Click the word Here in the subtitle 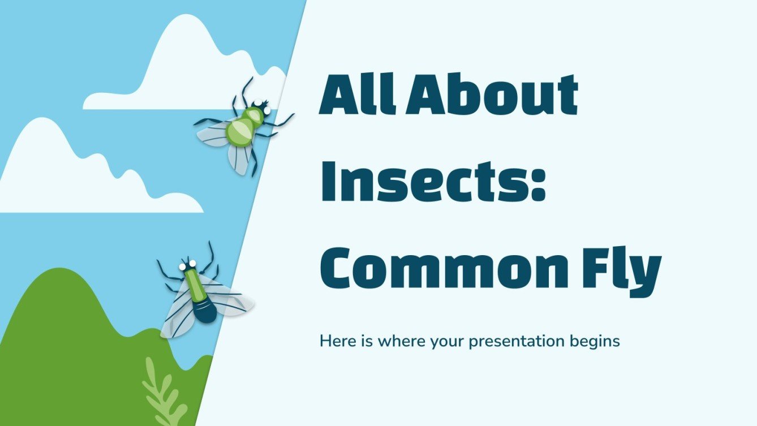(335, 342)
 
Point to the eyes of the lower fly (188, 264)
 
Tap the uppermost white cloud (181, 74)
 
